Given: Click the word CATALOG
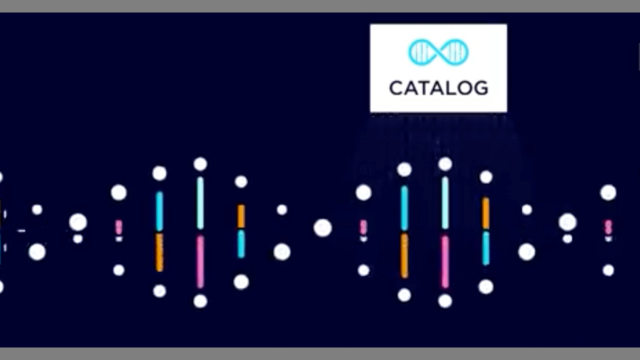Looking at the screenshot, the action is [438, 88].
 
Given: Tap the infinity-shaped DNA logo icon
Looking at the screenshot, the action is [438, 52].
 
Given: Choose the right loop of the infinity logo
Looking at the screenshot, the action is [454, 52].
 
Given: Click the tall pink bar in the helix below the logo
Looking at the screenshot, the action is [445, 262].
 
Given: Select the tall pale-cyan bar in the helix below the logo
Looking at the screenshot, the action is [445, 203].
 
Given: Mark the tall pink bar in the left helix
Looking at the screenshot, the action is [200, 262].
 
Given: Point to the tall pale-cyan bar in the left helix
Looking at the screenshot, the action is [200, 203].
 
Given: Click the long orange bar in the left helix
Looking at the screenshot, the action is [159, 252].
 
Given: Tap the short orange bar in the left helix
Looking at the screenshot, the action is [241, 216].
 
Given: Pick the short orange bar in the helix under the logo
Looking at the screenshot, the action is [485, 213].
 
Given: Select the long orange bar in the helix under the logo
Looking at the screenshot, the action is [404, 255].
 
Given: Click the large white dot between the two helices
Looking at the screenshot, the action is [323, 228].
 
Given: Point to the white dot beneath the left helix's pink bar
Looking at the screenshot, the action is [200, 301].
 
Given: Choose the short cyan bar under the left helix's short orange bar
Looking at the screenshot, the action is [241, 244].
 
